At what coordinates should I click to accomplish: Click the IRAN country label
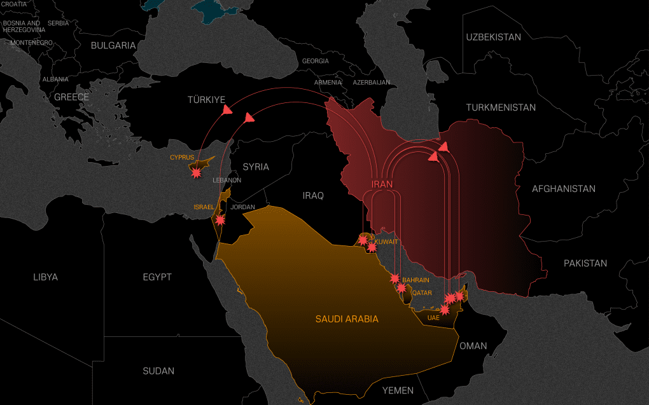pyautogui.click(x=382, y=184)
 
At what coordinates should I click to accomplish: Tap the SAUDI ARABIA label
pyautogui.click(x=347, y=319)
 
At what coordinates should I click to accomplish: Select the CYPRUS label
pyautogui.click(x=182, y=157)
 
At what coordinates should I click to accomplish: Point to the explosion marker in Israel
pyautogui.click(x=220, y=221)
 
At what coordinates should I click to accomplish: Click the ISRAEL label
pyautogui.click(x=204, y=207)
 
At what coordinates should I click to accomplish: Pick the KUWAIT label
pyautogui.click(x=386, y=242)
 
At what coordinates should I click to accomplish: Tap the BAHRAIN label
pyautogui.click(x=415, y=280)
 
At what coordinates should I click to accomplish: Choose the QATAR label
pyautogui.click(x=422, y=293)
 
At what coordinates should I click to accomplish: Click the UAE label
pyautogui.click(x=433, y=317)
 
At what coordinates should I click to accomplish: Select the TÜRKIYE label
pyautogui.click(x=207, y=100)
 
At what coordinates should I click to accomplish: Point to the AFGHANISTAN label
pyautogui.click(x=564, y=189)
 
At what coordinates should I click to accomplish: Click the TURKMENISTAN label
pyautogui.click(x=501, y=107)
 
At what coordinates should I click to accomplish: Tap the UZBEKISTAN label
pyautogui.click(x=493, y=37)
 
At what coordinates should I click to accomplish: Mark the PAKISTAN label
pyautogui.click(x=585, y=263)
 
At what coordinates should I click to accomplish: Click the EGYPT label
pyautogui.click(x=157, y=277)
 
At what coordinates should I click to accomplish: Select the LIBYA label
pyautogui.click(x=45, y=277)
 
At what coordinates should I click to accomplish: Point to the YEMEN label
pyautogui.click(x=398, y=390)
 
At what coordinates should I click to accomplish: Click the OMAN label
pyautogui.click(x=473, y=346)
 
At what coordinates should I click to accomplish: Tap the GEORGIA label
pyautogui.click(x=316, y=61)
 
